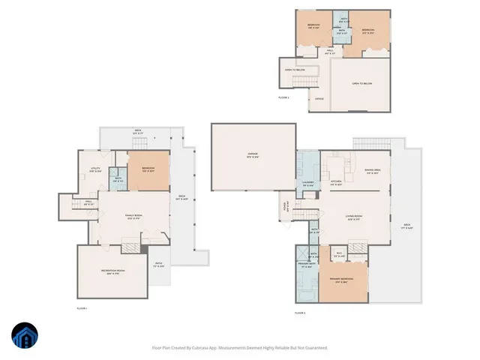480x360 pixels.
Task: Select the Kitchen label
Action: [x=336, y=182]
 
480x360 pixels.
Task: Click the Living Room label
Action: [x=355, y=218]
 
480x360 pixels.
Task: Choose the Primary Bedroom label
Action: [x=340, y=280]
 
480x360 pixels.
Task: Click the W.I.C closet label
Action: [x=339, y=254]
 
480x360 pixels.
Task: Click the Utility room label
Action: [x=95, y=169]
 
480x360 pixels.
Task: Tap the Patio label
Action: [x=159, y=265]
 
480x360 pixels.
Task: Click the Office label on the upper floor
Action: [x=319, y=98]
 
